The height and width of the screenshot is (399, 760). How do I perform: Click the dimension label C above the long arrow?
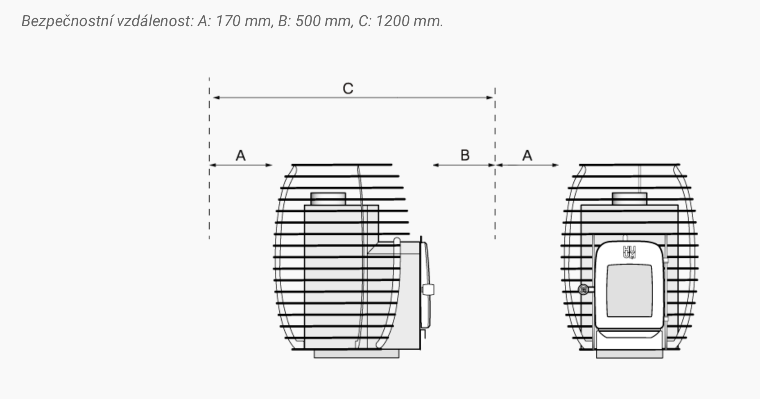point(348,88)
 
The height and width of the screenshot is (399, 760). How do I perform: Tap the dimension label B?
point(465,155)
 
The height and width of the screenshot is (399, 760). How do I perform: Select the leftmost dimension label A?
point(241,156)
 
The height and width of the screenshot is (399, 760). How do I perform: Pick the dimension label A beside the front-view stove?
point(527,156)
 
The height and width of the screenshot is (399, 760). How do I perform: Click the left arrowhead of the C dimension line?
point(214,98)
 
